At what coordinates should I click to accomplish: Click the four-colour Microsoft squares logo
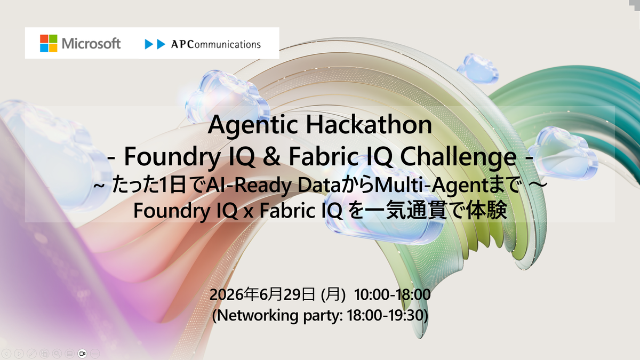49,43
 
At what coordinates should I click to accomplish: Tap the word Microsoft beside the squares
91,44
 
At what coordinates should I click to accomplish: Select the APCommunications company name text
216,44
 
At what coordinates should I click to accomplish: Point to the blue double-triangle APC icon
155,44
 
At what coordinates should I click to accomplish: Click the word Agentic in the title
253,125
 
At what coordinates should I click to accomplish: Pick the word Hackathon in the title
369,125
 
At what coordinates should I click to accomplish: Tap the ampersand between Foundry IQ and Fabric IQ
271,157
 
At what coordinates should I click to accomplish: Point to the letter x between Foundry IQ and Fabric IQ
249,213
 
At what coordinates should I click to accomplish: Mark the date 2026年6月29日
262,294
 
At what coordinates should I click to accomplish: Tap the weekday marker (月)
333,294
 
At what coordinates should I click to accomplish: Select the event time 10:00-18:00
393,294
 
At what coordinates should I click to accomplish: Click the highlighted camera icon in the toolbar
82,354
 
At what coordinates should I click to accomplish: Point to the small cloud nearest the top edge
478,69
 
